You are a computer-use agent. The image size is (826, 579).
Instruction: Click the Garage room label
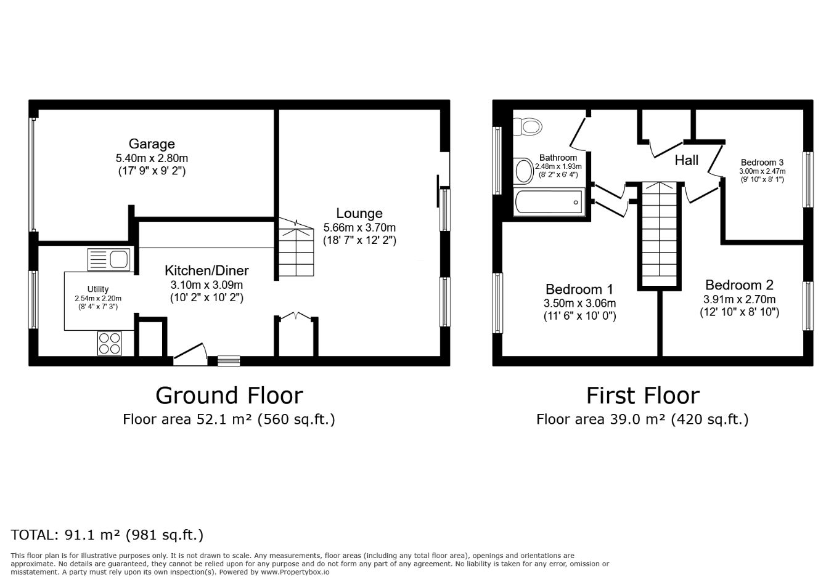pyautogui.click(x=152, y=144)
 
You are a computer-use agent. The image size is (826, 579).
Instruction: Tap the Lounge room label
pyautogui.click(x=359, y=214)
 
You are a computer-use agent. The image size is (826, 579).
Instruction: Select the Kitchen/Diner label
pyautogui.click(x=206, y=270)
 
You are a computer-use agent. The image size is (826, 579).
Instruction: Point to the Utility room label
pyautogui.click(x=98, y=289)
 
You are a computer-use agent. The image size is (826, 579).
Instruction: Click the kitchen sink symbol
pyautogui.click(x=110, y=259)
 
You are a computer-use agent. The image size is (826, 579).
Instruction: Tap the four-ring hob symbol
pyautogui.click(x=110, y=343)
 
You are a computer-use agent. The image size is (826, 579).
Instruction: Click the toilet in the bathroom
pyautogui.click(x=528, y=127)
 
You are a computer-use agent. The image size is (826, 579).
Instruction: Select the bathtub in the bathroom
pyautogui.click(x=548, y=201)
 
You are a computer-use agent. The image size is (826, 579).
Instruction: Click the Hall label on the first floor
pyautogui.click(x=686, y=160)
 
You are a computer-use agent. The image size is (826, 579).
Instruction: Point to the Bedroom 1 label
pyautogui.click(x=579, y=289)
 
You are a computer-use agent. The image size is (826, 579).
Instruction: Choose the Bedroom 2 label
pyautogui.click(x=739, y=285)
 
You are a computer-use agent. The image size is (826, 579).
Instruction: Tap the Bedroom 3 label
pyautogui.click(x=762, y=163)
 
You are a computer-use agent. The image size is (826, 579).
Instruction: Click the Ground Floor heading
pyautogui.click(x=229, y=395)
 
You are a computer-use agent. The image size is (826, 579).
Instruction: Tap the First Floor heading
pyautogui.click(x=642, y=395)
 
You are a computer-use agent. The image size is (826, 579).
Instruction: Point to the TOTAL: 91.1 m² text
pyautogui.click(x=107, y=535)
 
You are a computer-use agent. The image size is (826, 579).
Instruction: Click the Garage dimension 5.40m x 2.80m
pyautogui.click(x=152, y=158)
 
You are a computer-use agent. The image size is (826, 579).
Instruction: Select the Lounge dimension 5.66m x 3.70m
pyautogui.click(x=359, y=227)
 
